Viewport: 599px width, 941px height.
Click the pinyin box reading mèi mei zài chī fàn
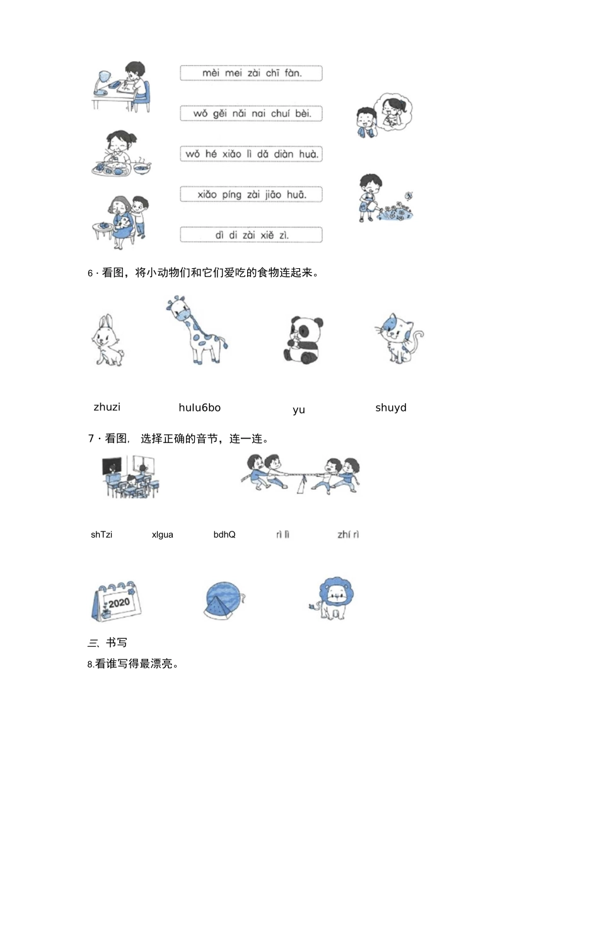coord(251,73)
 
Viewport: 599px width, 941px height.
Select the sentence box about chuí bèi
coord(251,114)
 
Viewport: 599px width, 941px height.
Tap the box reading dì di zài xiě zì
coord(251,235)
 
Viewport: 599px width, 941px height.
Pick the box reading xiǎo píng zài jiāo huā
coord(251,194)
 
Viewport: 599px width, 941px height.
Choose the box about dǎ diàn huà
coord(251,154)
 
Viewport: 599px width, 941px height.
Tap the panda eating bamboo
coord(302,340)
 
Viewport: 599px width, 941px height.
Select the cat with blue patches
coord(398,338)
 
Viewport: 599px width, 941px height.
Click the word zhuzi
coord(107,407)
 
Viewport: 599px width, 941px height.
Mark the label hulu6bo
coord(199,408)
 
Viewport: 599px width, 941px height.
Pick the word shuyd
coord(391,408)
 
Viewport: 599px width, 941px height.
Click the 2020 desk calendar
coord(117,601)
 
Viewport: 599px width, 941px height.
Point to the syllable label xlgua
coord(163,535)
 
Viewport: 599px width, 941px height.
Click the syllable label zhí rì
coord(348,535)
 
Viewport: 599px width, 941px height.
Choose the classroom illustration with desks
coord(131,477)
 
